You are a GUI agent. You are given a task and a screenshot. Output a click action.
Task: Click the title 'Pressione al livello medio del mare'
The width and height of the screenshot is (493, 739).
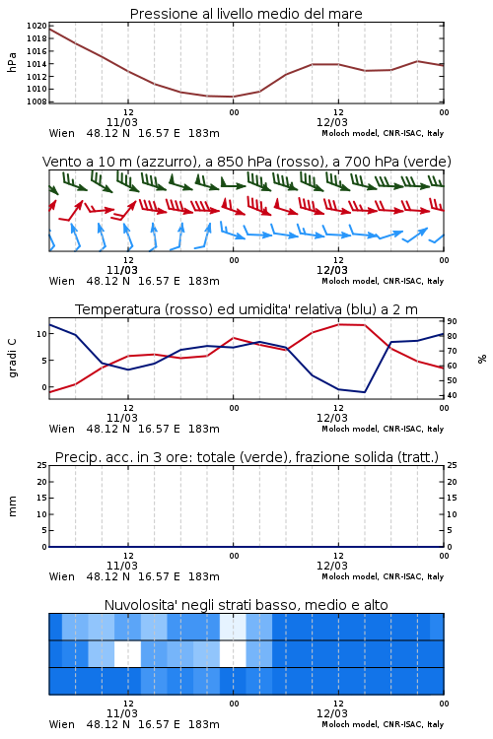coord(246,14)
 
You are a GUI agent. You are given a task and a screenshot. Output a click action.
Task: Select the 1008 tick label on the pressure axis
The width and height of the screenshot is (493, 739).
coord(36,101)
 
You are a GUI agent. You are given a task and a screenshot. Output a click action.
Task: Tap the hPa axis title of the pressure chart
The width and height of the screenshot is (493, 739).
coord(12,62)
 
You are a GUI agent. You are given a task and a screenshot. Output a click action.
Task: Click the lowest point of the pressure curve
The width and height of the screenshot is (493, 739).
coord(233,97)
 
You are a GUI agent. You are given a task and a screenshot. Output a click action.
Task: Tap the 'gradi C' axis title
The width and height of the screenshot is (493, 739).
coord(12,358)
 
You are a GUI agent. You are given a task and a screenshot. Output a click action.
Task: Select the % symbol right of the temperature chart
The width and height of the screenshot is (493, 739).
coord(482,359)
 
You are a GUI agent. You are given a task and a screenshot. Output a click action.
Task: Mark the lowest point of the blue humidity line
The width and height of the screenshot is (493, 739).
coord(364,392)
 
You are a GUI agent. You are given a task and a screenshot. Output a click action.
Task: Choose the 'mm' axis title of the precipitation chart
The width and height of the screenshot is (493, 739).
coord(12,506)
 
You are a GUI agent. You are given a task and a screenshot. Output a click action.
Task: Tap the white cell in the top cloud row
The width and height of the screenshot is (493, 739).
coord(233,627)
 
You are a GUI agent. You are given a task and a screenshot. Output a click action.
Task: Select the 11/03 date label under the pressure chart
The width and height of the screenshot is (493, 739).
coord(122,122)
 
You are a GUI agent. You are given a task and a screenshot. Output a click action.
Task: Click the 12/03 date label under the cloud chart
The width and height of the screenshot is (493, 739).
coord(332,713)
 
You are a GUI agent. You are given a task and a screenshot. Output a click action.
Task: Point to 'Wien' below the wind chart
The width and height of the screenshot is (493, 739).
coord(62,282)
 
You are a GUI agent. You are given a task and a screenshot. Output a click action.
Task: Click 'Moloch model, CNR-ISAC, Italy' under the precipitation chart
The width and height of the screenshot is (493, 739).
coord(383,576)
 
